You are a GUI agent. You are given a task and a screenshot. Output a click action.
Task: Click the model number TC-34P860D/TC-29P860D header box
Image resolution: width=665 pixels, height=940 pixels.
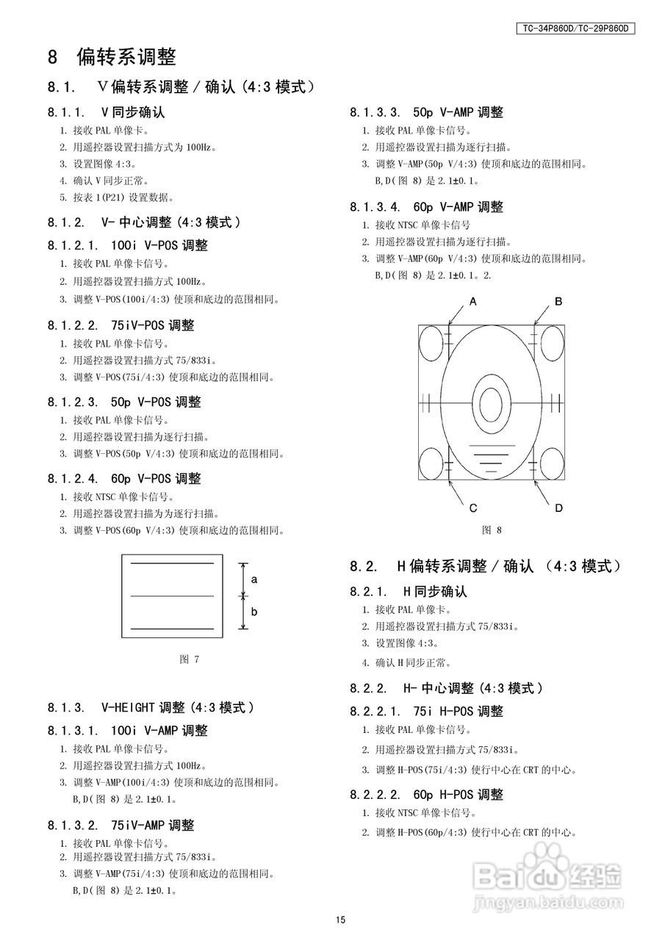pos(575,29)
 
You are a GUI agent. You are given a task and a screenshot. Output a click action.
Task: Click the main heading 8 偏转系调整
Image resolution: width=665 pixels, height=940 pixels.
pos(112,57)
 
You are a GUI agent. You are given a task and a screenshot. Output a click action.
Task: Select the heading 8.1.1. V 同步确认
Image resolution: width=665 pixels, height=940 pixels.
pos(106,112)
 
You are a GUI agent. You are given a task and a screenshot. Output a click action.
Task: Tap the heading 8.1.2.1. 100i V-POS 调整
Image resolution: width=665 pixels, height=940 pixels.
pos(127,245)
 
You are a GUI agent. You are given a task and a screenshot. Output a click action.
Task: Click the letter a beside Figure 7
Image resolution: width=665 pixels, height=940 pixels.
pos(254,579)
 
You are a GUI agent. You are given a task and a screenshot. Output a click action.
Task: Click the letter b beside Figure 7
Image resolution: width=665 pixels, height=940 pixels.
pos(254,611)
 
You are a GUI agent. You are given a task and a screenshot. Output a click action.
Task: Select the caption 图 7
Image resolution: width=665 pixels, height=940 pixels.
pos(190,659)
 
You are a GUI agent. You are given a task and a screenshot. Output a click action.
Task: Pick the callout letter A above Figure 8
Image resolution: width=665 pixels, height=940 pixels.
pos(473,301)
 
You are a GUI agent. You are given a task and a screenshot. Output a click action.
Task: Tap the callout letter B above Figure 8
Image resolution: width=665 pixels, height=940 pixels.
pos(558,301)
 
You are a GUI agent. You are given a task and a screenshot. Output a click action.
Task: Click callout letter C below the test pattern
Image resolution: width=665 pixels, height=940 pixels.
pos(473,508)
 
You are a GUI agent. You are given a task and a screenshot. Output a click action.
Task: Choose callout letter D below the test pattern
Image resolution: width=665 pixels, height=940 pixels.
pos(558,508)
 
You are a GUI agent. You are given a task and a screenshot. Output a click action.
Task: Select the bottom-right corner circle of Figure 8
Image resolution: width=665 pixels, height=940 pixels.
pos(550,463)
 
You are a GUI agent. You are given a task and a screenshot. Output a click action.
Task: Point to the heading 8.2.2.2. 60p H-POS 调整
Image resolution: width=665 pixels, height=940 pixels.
pos(426,795)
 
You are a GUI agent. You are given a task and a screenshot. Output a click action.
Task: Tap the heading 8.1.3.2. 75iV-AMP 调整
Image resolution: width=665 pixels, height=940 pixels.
pos(121,825)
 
